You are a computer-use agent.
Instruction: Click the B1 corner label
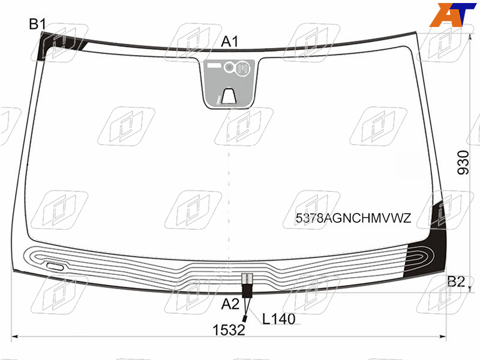[x=37, y=24]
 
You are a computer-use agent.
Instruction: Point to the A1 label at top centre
[x=230, y=41]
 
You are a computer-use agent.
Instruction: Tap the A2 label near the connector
[x=230, y=304]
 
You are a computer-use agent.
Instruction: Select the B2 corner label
[x=456, y=281]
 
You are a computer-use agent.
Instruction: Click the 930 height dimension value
[x=463, y=163]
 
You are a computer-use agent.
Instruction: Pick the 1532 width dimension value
[x=229, y=330]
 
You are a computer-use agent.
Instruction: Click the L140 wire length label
[x=278, y=319]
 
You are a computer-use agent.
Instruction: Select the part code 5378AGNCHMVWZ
[x=353, y=218]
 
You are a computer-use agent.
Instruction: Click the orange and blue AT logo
[x=452, y=14]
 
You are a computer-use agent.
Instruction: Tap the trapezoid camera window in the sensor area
[x=229, y=96]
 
